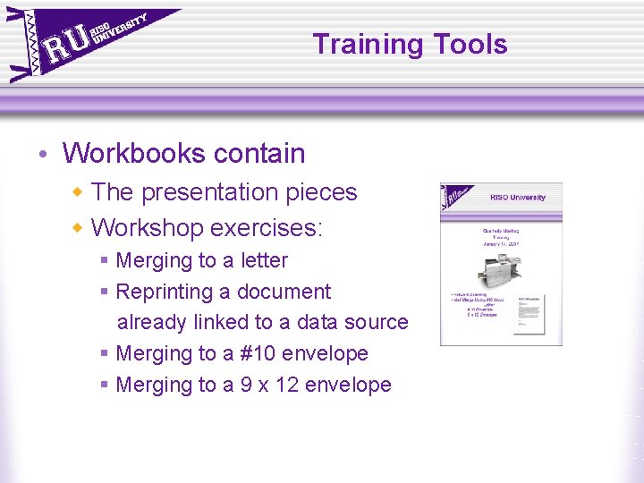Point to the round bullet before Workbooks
[x=45, y=155]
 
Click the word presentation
[x=215, y=192]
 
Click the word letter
[x=264, y=260]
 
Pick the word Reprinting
[x=164, y=292]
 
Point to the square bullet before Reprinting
[x=105, y=292]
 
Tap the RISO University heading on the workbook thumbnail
[x=517, y=197]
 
